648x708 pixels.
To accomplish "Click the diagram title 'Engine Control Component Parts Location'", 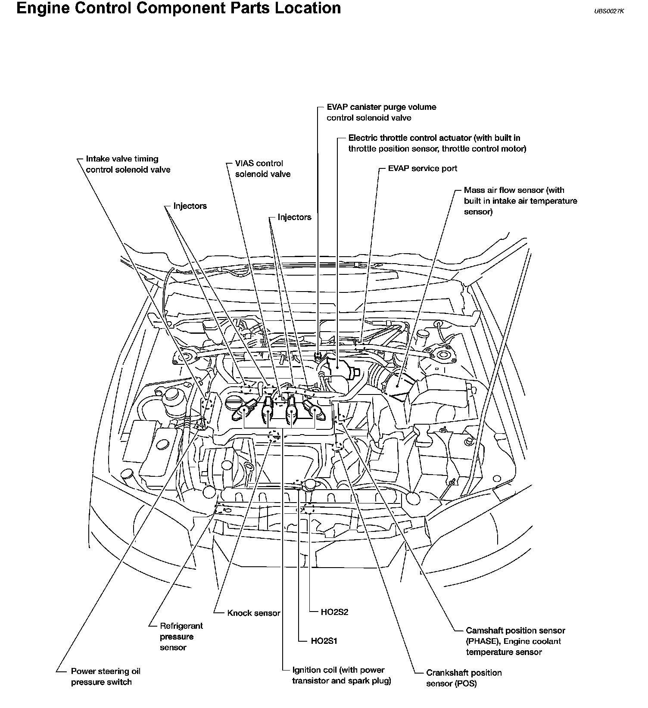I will (178, 8).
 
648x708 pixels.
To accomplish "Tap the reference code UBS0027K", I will (609, 12).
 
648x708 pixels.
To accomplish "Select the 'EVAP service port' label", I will (422, 168).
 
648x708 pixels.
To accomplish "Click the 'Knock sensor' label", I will (253, 613).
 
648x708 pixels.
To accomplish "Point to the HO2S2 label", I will (334, 612).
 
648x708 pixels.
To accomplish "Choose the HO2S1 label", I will (324, 641).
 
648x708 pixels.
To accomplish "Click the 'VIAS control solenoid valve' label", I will (262, 169).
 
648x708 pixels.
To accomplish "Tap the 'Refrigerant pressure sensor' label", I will (181, 637).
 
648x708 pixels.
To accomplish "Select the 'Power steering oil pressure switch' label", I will (106, 677).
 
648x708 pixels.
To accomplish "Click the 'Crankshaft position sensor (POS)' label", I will (464, 678).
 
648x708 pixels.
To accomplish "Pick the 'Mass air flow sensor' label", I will (520, 201).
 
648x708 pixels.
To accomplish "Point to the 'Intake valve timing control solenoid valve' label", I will (128, 164).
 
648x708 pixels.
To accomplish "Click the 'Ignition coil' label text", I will (341, 675).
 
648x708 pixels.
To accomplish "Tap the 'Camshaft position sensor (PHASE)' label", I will (515, 641).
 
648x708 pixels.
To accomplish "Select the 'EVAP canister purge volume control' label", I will (381, 112).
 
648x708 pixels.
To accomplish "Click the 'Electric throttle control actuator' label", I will (437, 143).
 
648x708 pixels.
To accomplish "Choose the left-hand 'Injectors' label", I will (190, 206).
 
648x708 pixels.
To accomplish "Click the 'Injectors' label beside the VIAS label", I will (294, 217).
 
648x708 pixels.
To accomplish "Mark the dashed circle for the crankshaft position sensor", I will (338, 447).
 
